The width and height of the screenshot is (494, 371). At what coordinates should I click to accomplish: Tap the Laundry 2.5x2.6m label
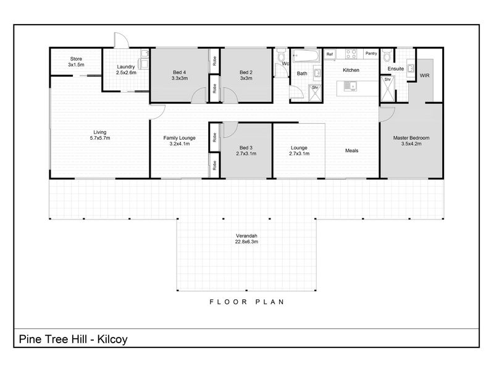(126, 69)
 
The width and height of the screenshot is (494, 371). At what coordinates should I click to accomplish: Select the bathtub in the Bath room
(306, 56)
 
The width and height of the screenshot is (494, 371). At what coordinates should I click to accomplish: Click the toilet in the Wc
(281, 56)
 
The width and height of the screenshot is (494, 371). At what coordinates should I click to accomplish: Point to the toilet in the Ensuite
(387, 56)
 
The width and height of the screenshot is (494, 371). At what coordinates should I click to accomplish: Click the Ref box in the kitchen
(330, 54)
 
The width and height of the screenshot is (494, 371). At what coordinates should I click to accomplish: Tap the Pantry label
(371, 53)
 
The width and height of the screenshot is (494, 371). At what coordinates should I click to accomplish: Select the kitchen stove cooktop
(351, 54)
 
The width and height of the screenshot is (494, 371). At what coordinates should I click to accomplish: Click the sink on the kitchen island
(350, 86)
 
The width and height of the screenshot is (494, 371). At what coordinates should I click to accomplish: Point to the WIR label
(424, 75)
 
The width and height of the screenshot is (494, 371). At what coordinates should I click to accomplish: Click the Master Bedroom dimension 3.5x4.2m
(411, 144)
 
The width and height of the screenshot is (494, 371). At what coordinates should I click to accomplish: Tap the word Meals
(351, 150)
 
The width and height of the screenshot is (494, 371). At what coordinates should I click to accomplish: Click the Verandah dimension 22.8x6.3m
(246, 242)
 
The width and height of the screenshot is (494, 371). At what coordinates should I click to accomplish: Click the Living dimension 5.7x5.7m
(100, 138)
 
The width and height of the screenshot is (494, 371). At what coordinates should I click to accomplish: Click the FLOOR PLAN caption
(247, 302)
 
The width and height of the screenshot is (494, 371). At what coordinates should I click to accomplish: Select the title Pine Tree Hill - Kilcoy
(73, 339)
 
